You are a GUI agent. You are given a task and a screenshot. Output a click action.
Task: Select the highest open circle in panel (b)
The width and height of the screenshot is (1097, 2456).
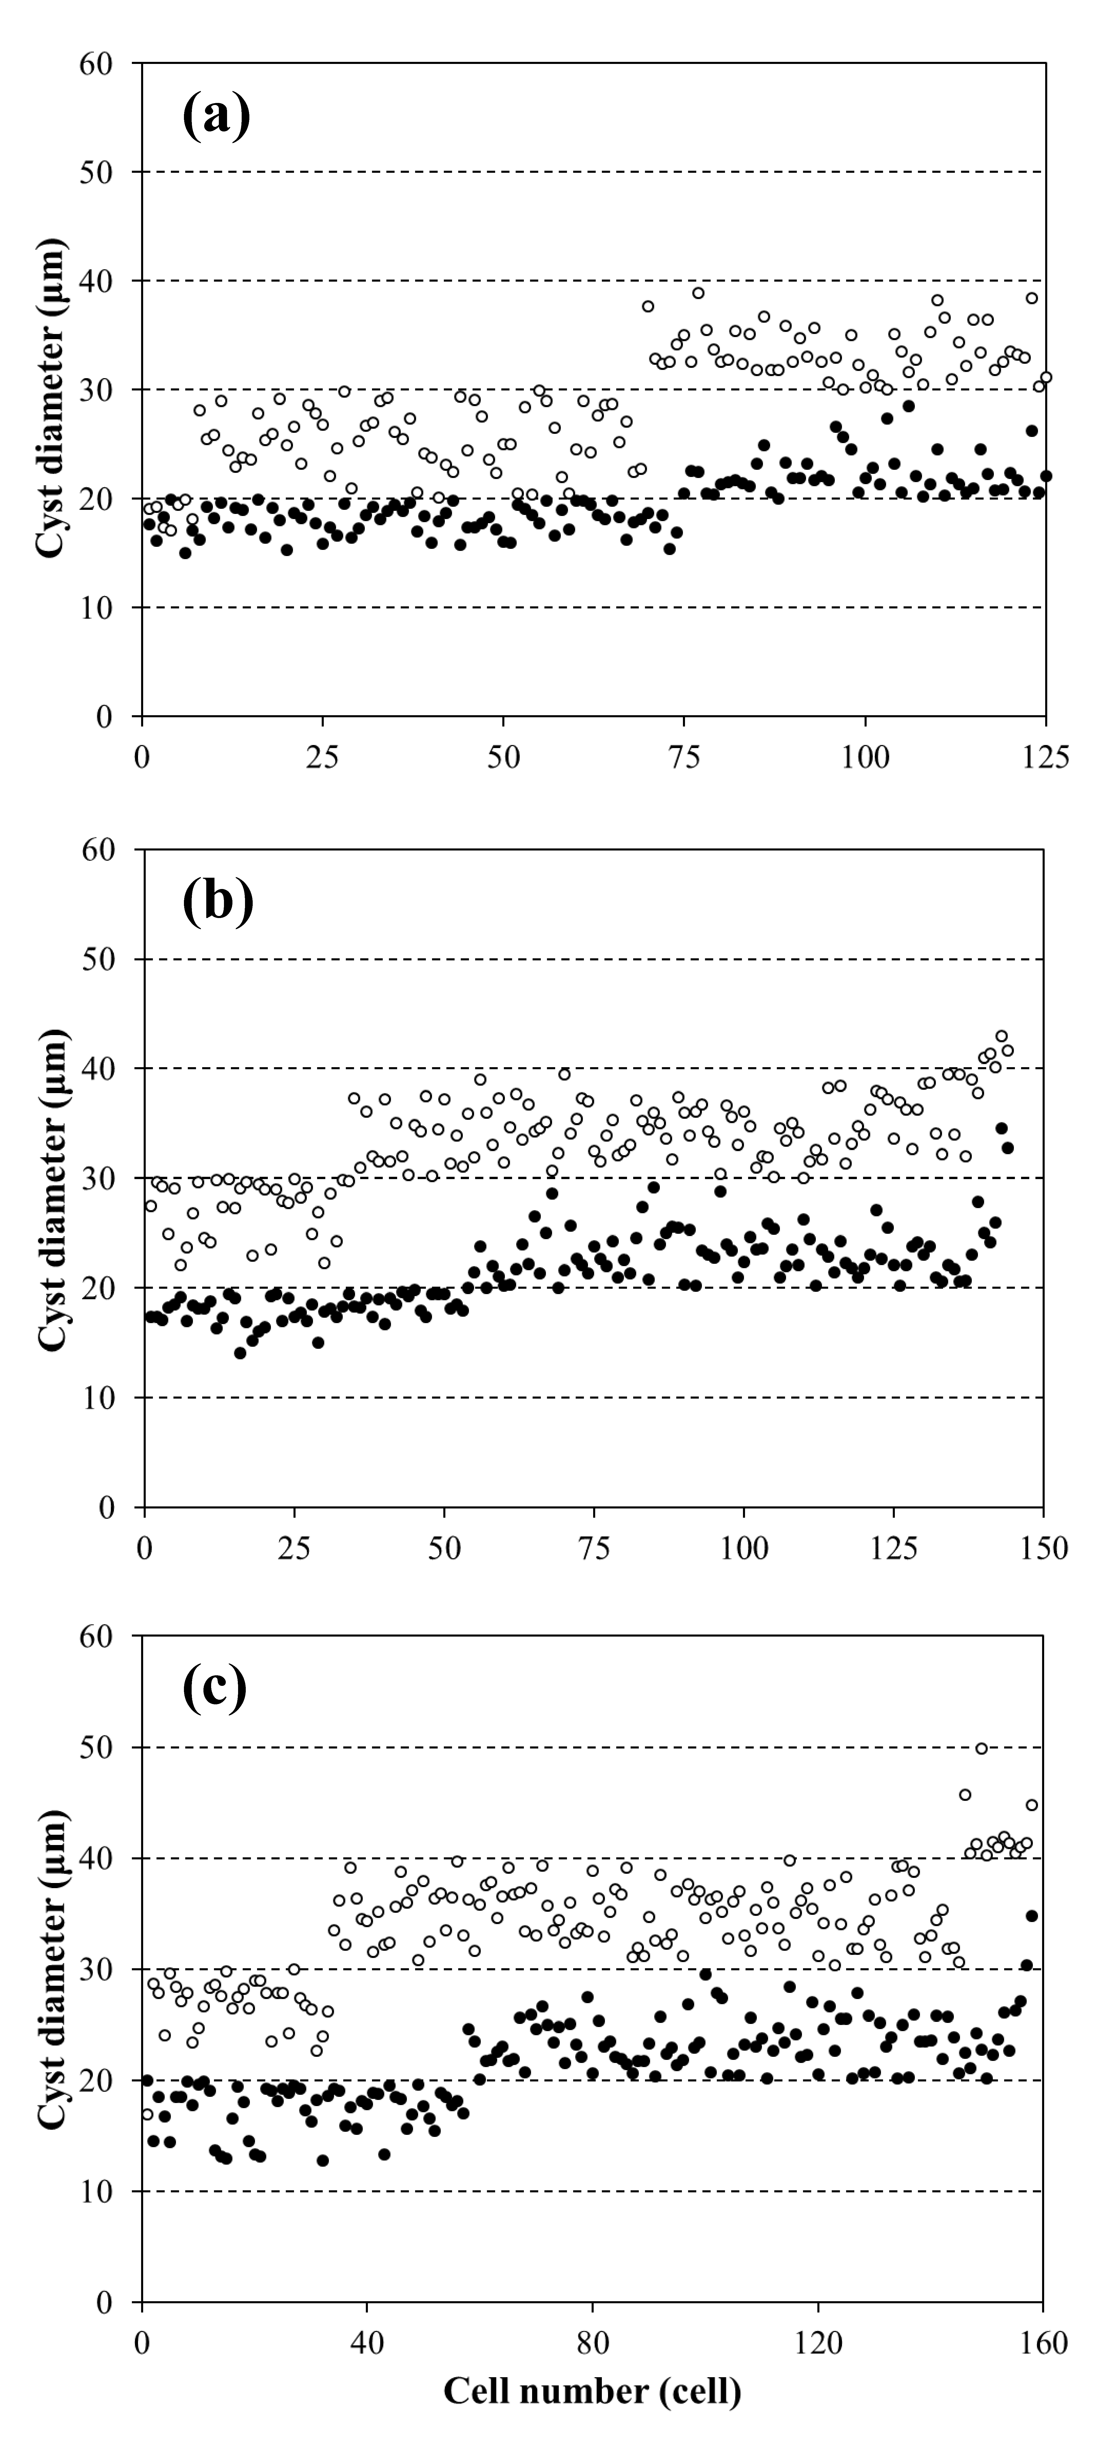pos(1001,1036)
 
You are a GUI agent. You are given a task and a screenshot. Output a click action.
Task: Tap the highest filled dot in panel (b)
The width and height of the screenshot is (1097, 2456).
pos(1001,1128)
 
